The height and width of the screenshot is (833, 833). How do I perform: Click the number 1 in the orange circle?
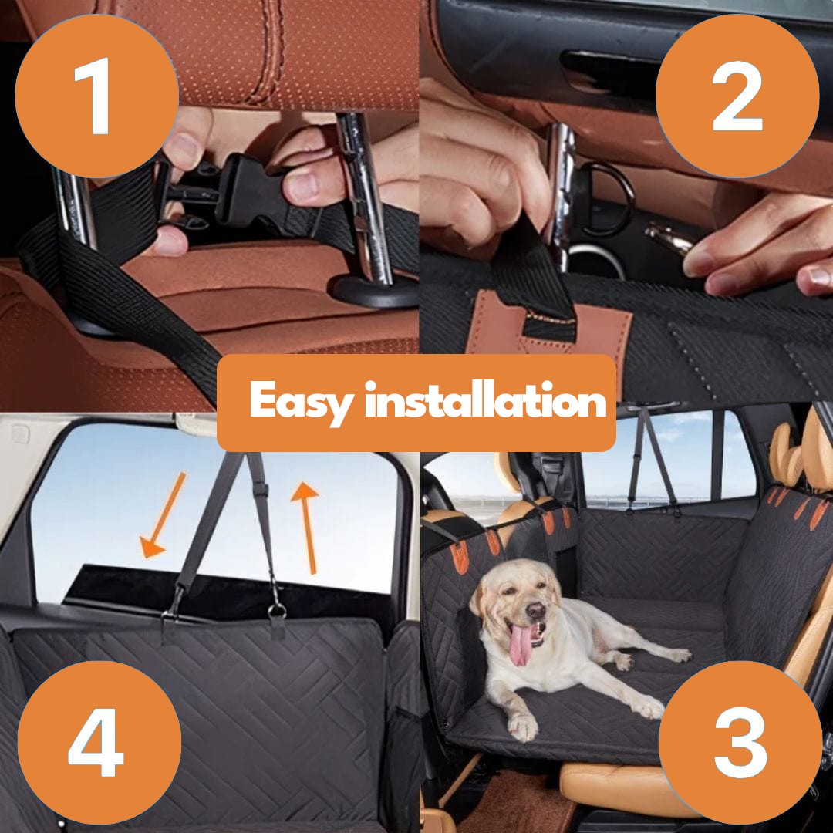(96, 96)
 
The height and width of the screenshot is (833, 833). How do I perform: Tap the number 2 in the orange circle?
(737, 96)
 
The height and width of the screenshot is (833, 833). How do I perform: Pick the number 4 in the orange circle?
(96, 744)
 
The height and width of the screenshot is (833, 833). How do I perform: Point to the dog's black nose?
(535, 612)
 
